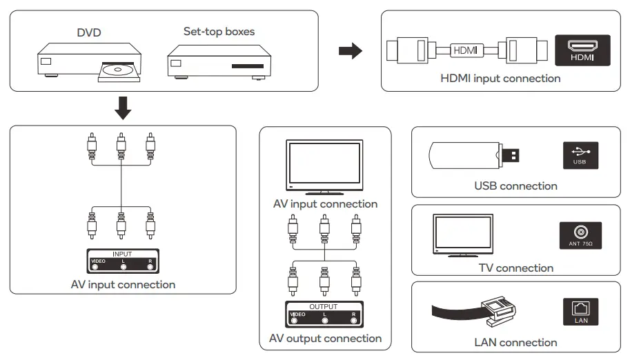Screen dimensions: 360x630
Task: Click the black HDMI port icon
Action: click(x=582, y=50)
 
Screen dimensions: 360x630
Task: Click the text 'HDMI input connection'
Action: click(x=500, y=79)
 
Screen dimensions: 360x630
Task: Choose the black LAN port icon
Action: click(x=580, y=312)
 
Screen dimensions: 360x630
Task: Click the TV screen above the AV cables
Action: click(x=324, y=165)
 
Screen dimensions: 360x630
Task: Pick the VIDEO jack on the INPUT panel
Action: click(x=95, y=266)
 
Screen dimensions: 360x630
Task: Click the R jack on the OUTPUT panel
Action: click(x=353, y=319)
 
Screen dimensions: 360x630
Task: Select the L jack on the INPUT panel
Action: click(x=123, y=266)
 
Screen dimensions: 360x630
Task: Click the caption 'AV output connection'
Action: click(x=325, y=339)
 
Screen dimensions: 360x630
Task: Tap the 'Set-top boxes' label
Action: click(x=219, y=32)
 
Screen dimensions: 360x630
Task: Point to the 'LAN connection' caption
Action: click(x=515, y=343)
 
